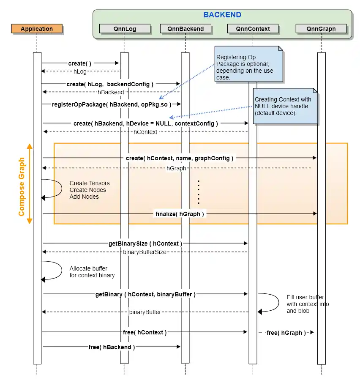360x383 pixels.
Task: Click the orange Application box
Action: (x=37, y=29)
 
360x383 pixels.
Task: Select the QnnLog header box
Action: (x=125, y=29)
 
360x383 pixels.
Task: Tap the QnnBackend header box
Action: (x=185, y=29)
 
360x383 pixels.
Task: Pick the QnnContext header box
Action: (x=253, y=29)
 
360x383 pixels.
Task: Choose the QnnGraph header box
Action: (x=321, y=29)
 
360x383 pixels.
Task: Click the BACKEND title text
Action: (x=222, y=15)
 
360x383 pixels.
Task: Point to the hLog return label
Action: (x=80, y=71)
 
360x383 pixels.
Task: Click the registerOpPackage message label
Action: (x=112, y=104)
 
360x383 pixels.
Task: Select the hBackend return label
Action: (x=111, y=92)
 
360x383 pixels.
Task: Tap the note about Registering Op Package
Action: (x=249, y=64)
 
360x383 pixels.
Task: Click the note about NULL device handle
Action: (x=285, y=106)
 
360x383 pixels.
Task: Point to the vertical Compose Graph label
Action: (x=22, y=186)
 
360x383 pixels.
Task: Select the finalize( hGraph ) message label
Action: (x=180, y=214)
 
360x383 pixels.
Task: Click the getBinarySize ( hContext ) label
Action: (x=145, y=243)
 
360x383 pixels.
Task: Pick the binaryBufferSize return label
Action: (x=145, y=252)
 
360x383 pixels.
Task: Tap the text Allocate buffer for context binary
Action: (x=92, y=272)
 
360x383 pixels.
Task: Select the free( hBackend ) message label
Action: (x=112, y=347)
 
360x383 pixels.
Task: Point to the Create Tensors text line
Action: (x=90, y=183)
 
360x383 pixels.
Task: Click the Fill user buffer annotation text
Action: (x=308, y=304)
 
